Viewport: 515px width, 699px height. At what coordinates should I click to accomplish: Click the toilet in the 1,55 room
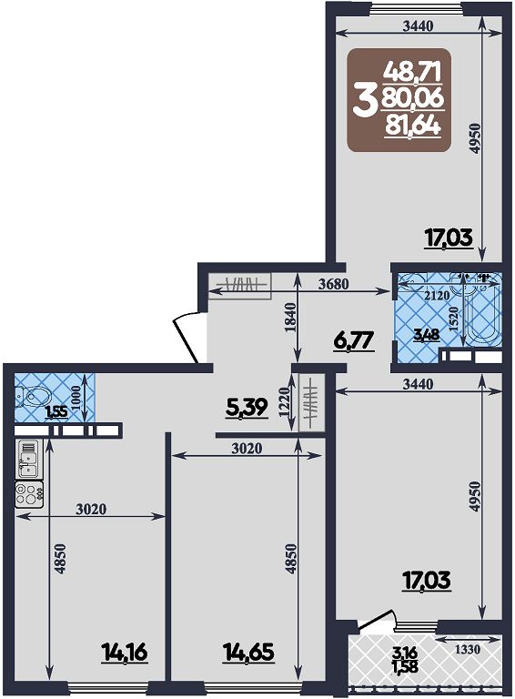[29, 397]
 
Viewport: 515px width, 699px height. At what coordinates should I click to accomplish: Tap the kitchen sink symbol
[28, 459]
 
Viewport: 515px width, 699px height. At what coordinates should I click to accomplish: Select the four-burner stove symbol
[29, 494]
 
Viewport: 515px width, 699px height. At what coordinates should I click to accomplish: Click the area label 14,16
[125, 654]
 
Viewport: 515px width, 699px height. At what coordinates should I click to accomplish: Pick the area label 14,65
[248, 653]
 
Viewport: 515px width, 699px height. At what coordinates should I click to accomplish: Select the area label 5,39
[247, 407]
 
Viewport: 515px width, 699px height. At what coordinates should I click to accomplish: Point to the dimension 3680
[334, 284]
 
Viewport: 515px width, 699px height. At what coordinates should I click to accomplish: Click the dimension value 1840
[290, 318]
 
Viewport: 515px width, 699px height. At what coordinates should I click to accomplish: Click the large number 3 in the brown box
[363, 102]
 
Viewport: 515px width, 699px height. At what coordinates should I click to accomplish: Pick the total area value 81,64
[413, 127]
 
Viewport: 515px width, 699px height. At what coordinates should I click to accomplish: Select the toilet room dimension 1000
[76, 398]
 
